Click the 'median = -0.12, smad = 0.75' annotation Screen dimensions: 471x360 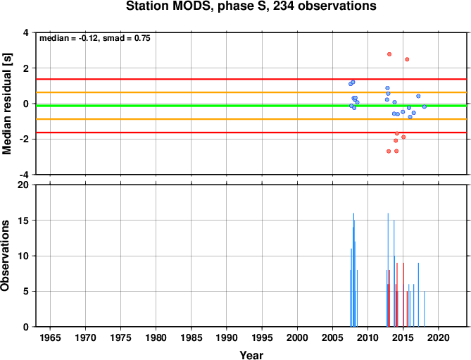(95, 38)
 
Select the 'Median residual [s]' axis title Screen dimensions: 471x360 (6, 104)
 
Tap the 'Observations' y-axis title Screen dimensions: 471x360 (5, 256)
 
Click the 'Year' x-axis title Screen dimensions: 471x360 (251, 355)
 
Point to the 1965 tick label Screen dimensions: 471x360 (50, 337)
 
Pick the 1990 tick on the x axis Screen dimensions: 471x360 (227, 337)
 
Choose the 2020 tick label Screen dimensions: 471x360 (438, 337)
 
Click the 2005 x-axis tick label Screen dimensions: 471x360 (332, 337)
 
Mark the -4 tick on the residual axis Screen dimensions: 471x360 (25, 175)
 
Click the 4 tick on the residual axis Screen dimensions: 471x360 (27, 32)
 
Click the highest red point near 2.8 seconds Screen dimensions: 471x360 (389, 54)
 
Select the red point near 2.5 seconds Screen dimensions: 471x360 (407, 59)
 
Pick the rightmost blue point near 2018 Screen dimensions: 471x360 (425, 106)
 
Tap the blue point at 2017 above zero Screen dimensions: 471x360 (418, 96)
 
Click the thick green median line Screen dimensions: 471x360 (251, 106)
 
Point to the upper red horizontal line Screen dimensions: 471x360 (251, 80)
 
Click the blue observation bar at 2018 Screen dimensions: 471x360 (424, 309)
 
